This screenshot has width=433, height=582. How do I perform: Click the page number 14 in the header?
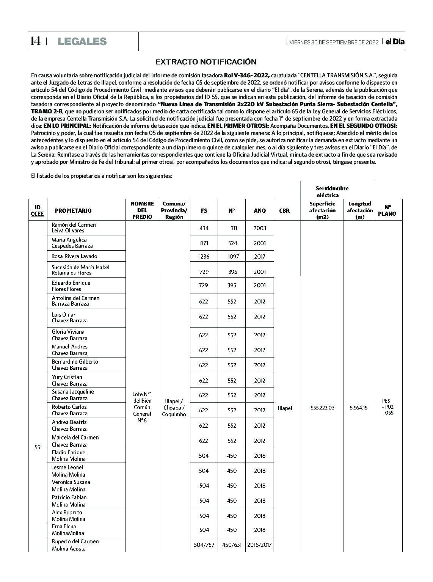tap(35, 41)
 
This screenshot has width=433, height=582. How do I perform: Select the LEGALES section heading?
tap(82, 42)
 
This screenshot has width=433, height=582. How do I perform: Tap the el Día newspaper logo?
tap(395, 42)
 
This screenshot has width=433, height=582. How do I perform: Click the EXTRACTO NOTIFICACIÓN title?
tap(206, 62)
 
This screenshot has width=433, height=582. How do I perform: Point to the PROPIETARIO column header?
tap(73, 211)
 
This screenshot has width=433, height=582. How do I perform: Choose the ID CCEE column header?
tap(37, 211)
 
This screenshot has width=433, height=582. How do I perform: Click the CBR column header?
tap(284, 211)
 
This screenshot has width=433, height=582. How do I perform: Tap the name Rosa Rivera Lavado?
tap(74, 256)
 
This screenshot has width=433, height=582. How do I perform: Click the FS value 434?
tap(204, 228)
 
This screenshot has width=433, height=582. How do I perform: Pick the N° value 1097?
tap(233, 257)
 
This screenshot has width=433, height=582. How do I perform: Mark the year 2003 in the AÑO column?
tap(260, 228)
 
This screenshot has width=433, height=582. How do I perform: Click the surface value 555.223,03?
tap(322, 408)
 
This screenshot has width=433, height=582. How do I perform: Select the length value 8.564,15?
tap(358, 408)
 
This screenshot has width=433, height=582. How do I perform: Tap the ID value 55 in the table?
tap(37, 447)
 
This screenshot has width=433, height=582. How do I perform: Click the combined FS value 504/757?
tap(204, 545)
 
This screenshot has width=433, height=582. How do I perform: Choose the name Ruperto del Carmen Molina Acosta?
tap(75, 545)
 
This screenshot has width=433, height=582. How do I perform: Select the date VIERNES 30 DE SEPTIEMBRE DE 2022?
tap(334, 42)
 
